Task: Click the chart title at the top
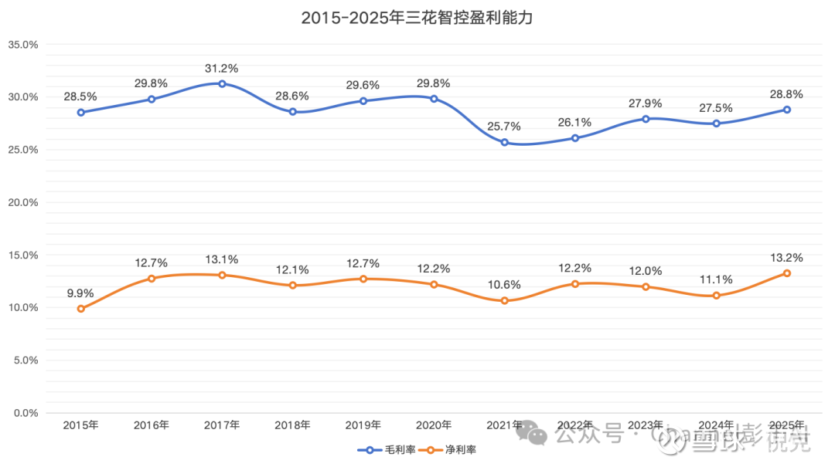(417, 18)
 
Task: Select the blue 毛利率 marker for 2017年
(222, 83)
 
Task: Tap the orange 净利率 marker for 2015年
(80, 309)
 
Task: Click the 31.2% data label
(222, 68)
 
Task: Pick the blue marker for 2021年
(505, 142)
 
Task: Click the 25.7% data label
(505, 127)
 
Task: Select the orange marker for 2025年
(787, 273)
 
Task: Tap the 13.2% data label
(787, 258)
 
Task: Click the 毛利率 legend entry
(390, 449)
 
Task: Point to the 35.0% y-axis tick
(22, 44)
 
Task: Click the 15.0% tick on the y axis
(22, 255)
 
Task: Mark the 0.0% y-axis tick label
(25, 413)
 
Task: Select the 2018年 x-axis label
(292, 425)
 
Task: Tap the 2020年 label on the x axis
(434, 425)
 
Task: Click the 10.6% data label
(505, 285)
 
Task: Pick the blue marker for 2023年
(646, 118)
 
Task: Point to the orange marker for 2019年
(363, 279)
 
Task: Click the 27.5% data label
(717, 108)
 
